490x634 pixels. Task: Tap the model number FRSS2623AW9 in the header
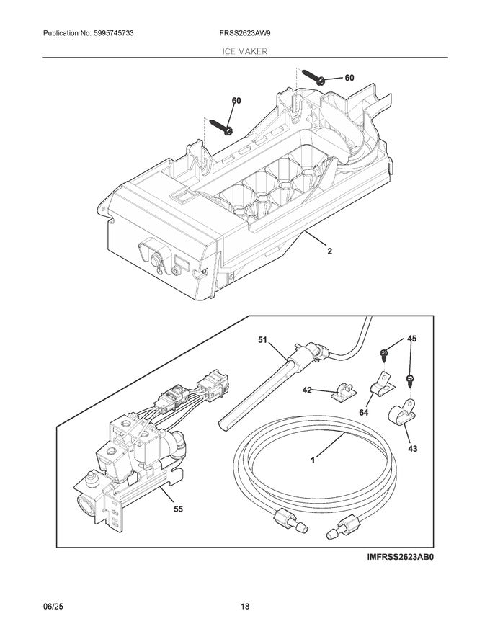tap(245, 33)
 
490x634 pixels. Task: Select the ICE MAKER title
tap(244, 52)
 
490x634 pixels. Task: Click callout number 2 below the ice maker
tap(330, 253)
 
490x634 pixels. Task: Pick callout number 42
tap(307, 390)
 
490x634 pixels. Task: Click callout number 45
tap(411, 338)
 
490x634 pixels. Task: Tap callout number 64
tap(362, 413)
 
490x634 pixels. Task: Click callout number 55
tap(178, 509)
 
